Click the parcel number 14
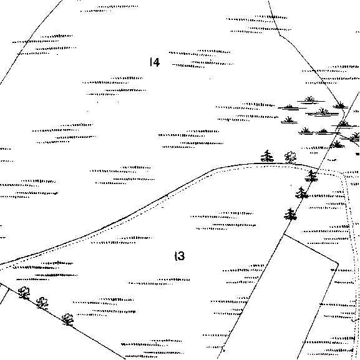click(x=155, y=62)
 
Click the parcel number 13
click(x=180, y=256)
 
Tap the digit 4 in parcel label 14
click(x=156, y=62)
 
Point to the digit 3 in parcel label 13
click(x=181, y=256)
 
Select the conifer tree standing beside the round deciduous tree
click(x=267, y=156)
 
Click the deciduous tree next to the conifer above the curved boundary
click(x=291, y=157)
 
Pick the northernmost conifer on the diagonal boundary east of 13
click(x=311, y=176)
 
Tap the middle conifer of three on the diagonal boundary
click(x=301, y=193)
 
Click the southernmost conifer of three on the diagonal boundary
click(x=291, y=214)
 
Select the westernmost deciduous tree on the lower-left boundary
click(x=24, y=293)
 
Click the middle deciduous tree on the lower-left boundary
click(x=42, y=303)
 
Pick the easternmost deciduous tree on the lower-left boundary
click(x=68, y=319)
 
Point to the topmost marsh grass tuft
click(x=311, y=99)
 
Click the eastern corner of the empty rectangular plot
click(x=338, y=264)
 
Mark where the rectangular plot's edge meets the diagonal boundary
click(x=285, y=234)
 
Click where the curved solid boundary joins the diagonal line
click(x=318, y=168)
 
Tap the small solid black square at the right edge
click(x=358, y=154)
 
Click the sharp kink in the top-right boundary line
click(x=280, y=35)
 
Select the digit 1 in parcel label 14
click(x=150, y=62)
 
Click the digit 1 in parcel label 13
click(x=175, y=256)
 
